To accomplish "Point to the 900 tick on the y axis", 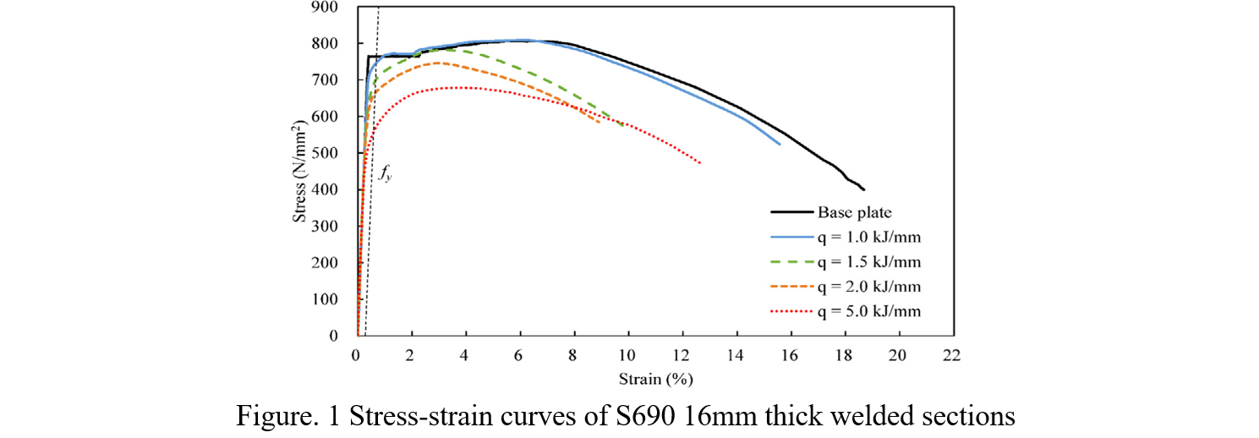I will pos(326,8).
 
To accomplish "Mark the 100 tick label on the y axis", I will pos(326,299).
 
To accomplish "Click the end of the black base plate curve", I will pos(863,189).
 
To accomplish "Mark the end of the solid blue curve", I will pos(779,145).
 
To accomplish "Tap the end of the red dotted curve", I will pos(700,162).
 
